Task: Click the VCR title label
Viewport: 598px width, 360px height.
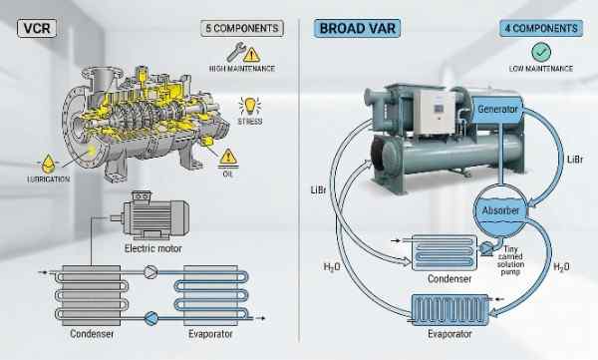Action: pos(29,28)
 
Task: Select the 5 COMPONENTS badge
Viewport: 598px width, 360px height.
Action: pos(240,28)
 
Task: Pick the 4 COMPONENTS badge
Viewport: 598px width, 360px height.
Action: pos(538,28)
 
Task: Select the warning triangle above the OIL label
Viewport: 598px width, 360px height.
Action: pos(228,158)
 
